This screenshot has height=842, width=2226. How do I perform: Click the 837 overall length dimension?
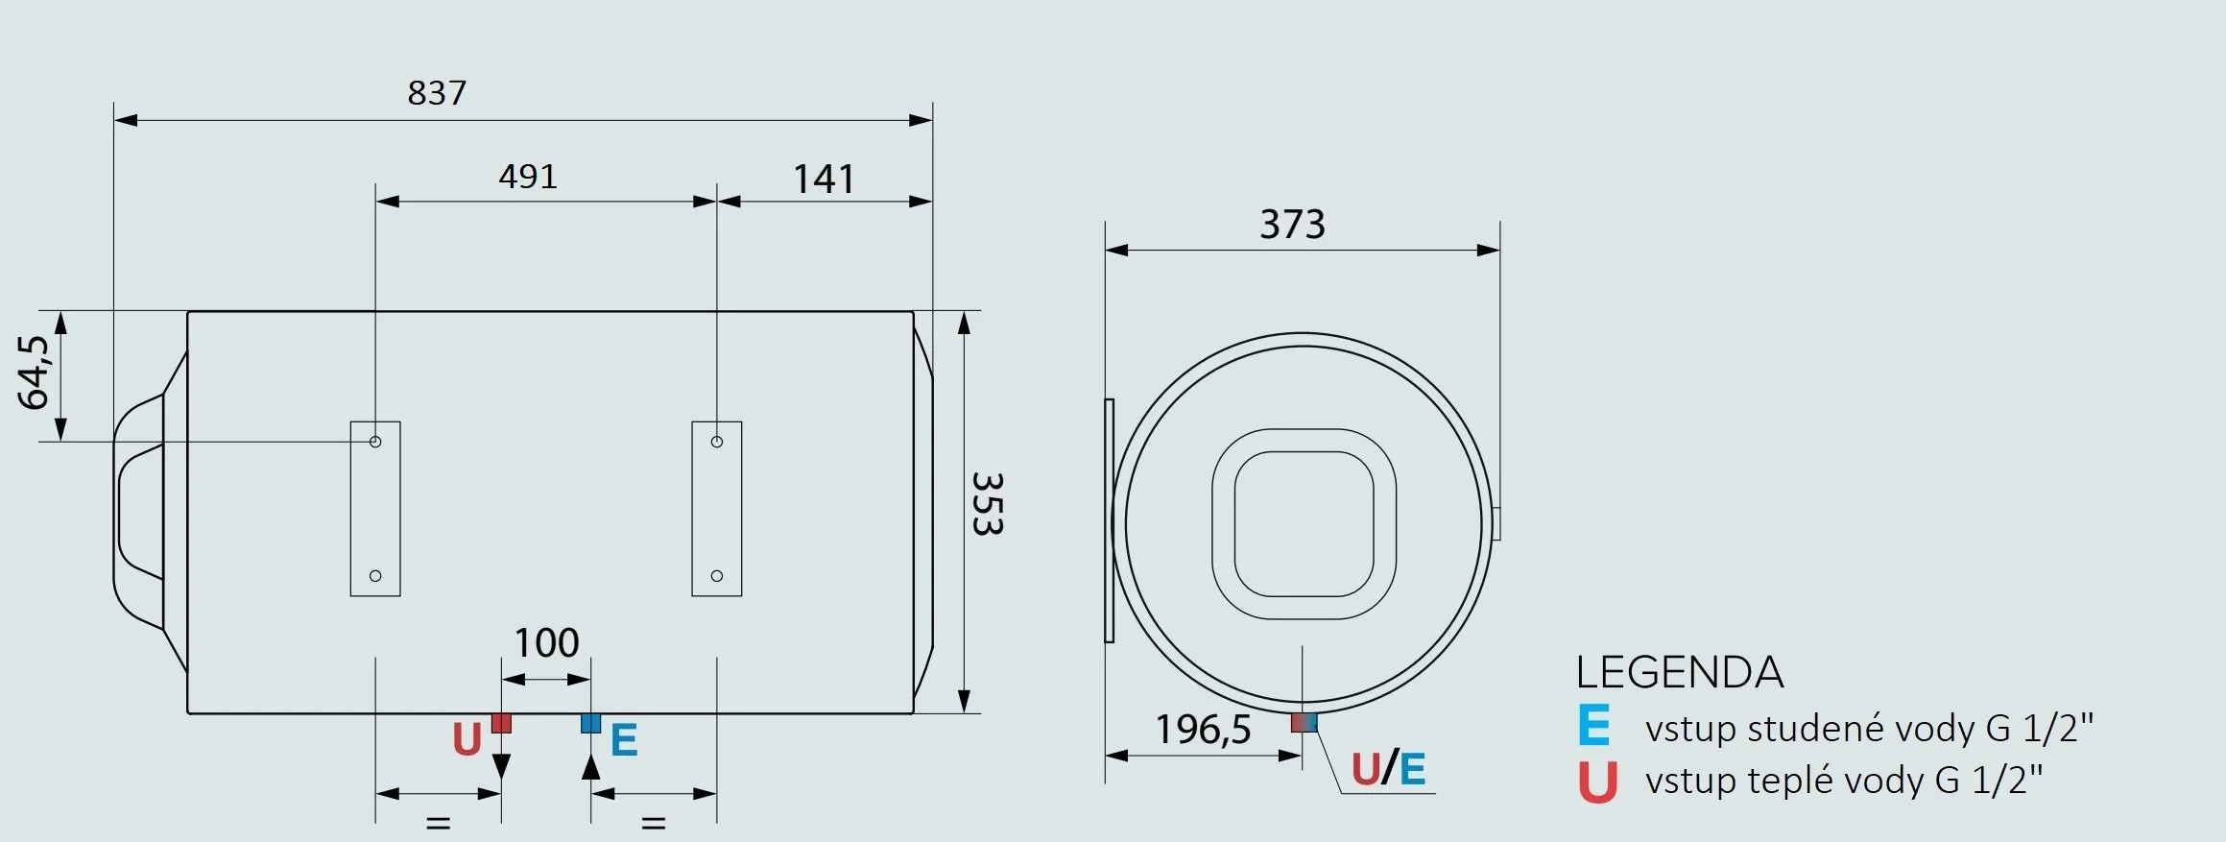[x=437, y=93]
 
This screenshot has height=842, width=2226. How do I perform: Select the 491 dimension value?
[x=528, y=177]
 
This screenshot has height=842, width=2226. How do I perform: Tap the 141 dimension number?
[x=823, y=180]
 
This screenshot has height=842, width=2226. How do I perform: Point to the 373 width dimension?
[x=1292, y=225]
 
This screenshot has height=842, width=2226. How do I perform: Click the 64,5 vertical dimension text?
[x=34, y=373]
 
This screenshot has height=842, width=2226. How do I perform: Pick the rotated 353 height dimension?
[x=988, y=504]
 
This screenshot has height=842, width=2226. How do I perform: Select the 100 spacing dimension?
[x=546, y=643]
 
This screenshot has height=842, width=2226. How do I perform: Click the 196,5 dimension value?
[x=1203, y=730]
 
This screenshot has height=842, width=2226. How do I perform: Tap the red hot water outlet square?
[x=501, y=723]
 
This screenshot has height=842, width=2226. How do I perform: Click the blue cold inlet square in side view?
[x=590, y=723]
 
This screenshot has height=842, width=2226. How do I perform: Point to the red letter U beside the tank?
[x=467, y=740]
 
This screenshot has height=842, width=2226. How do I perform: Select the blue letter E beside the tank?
[x=624, y=740]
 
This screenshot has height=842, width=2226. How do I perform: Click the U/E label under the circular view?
[x=1388, y=769]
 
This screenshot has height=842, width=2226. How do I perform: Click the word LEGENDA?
[x=1679, y=672]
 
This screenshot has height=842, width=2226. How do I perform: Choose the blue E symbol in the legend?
[x=1593, y=726]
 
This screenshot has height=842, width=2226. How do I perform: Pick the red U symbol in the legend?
[x=1597, y=782]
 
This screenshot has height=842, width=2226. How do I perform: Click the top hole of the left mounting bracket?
[x=375, y=442]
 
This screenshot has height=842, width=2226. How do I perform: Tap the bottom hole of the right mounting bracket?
[x=717, y=576]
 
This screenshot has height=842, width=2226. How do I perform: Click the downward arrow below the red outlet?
[x=501, y=766]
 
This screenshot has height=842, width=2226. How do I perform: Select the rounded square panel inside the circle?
[x=1304, y=524]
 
